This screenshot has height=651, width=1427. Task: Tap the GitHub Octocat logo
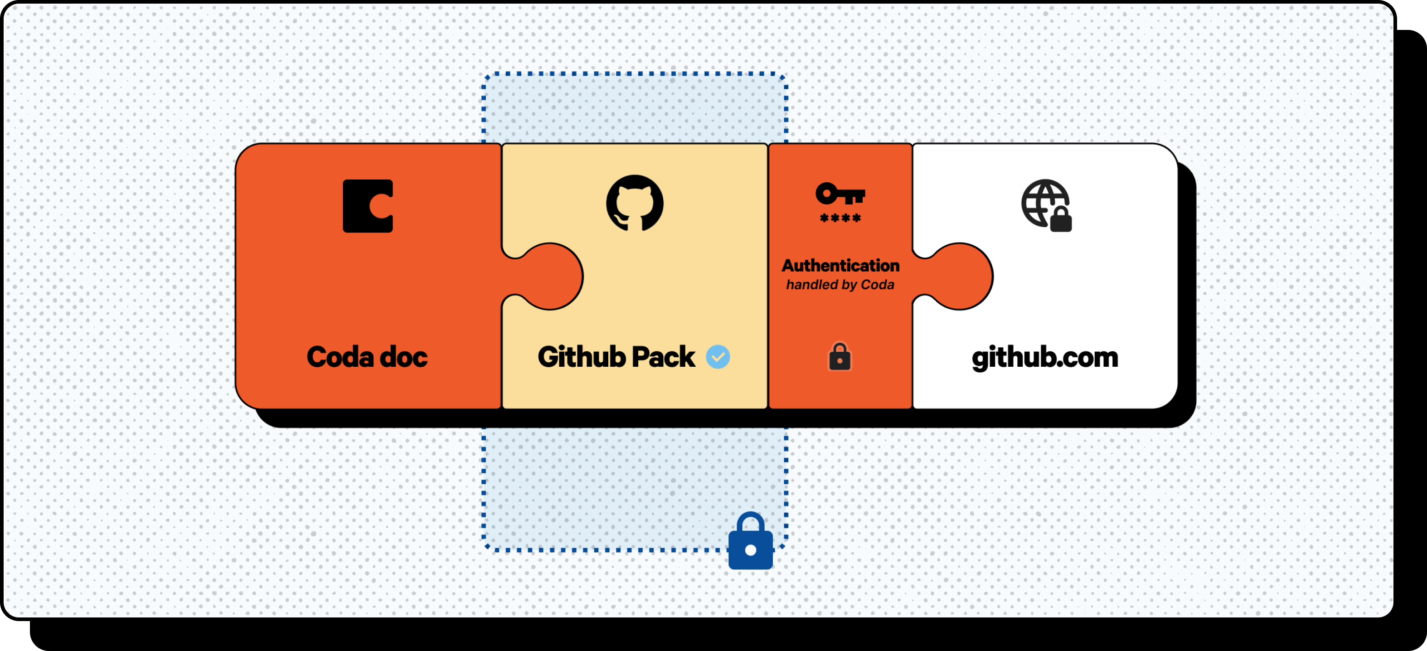pos(635,203)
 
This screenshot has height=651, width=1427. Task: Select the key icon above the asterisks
pos(840,194)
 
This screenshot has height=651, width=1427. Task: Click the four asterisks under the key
pos(840,219)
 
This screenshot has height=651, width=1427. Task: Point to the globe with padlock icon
pos(1045,204)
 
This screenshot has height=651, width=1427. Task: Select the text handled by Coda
pos(840,285)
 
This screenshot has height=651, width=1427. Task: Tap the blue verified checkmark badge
pos(718,357)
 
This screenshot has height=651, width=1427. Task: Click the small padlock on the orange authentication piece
pos(840,357)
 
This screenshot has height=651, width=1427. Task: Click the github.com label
pos(1045,357)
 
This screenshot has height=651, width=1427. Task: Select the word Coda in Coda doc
pos(340,357)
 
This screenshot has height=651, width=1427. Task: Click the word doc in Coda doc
pos(404,357)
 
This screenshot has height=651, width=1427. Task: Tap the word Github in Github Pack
pos(582,357)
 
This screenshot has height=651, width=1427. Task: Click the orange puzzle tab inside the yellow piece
pos(551,276)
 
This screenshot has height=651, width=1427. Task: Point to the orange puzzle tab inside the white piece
pos(961,276)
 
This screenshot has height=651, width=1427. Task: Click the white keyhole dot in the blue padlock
pos(751,550)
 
